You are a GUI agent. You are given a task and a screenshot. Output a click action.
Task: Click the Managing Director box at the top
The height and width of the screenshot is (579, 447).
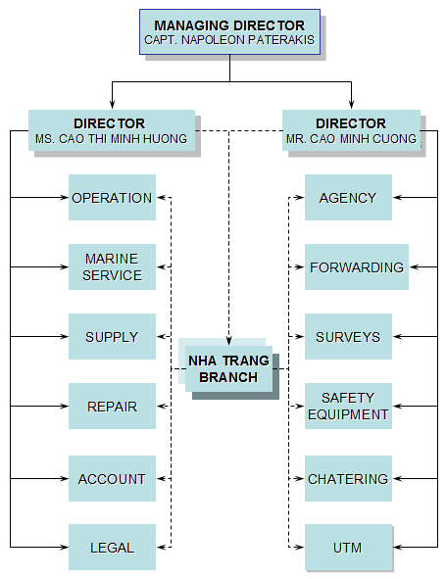(229, 32)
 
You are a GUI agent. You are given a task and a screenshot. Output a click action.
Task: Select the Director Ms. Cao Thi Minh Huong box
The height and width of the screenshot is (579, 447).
(111, 131)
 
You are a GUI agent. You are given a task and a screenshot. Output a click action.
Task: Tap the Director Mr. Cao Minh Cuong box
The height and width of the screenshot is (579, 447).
(351, 131)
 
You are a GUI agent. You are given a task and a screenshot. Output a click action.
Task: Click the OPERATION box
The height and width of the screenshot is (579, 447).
(112, 198)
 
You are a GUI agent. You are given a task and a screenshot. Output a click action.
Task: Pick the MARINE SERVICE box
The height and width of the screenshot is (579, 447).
(112, 266)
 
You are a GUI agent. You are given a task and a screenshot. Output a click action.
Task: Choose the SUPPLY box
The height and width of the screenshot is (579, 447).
(112, 337)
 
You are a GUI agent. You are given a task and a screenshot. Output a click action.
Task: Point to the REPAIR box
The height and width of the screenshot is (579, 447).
(112, 407)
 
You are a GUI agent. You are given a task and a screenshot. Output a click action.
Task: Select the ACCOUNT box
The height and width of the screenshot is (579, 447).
(112, 479)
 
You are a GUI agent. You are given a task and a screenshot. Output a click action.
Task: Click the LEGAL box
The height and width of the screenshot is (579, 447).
(112, 547)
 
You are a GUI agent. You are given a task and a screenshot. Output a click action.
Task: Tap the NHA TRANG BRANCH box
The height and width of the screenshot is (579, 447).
(228, 369)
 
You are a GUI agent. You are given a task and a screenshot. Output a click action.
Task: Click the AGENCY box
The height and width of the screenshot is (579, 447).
(348, 198)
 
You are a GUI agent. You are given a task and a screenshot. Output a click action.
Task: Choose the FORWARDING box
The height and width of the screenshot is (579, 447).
(356, 266)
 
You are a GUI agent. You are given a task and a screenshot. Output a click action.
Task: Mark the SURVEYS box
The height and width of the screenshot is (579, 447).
(348, 337)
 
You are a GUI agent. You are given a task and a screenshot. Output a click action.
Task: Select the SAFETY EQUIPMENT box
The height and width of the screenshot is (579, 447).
(348, 407)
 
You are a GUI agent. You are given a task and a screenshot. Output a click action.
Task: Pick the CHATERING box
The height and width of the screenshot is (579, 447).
(348, 479)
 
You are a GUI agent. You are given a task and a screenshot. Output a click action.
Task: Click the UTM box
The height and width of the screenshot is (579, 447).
(348, 547)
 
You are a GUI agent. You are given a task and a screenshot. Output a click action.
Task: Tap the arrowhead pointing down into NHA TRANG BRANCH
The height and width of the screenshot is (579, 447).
(228, 339)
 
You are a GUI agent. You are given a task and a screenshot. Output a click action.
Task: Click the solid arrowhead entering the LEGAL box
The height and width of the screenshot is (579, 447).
(64, 547)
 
